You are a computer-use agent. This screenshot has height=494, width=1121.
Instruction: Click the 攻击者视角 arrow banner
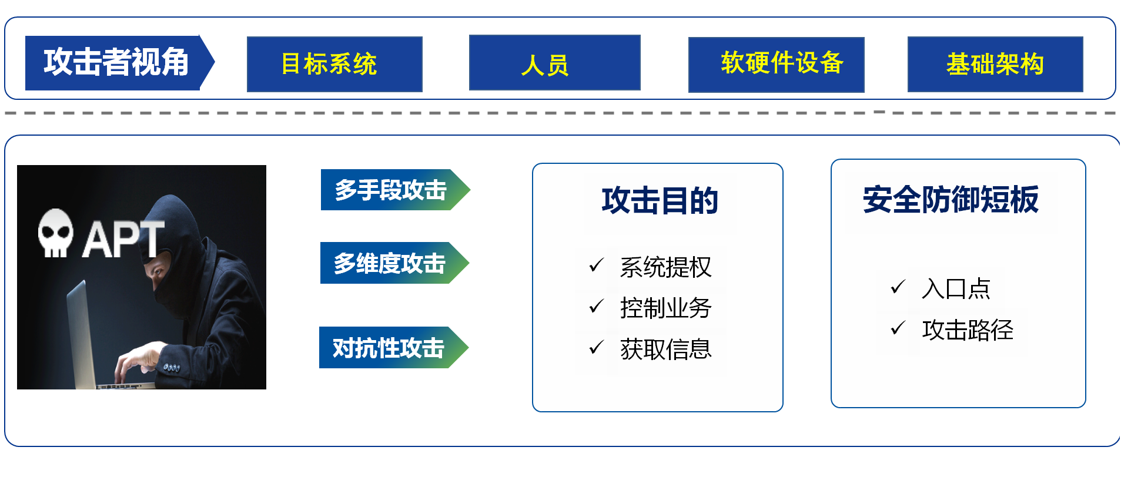pyautogui.click(x=120, y=62)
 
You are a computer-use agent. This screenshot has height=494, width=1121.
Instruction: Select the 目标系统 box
pyautogui.click(x=334, y=64)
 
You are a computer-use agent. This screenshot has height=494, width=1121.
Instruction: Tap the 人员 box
pyautogui.click(x=554, y=62)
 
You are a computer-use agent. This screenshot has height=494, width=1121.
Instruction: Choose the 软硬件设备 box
pyautogui.click(x=776, y=65)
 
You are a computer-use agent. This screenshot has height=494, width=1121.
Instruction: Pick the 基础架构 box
pyautogui.click(x=995, y=64)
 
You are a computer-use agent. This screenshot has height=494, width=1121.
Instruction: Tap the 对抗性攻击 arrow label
pyautogui.click(x=394, y=348)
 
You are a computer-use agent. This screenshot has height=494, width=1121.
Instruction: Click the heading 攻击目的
pyautogui.click(x=660, y=200)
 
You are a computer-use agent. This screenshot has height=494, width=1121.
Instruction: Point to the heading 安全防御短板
pyautogui.click(x=951, y=199)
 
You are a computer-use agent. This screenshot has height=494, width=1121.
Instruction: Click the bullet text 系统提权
pyautogui.click(x=665, y=267)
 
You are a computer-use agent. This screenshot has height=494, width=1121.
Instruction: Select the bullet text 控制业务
pyautogui.click(x=665, y=308)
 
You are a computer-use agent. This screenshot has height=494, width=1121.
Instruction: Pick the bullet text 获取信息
pyautogui.click(x=665, y=350)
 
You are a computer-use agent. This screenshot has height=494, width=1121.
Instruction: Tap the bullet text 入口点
pyautogui.click(x=956, y=288)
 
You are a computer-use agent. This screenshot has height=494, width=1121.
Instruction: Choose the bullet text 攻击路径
pyautogui.click(x=968, y=330)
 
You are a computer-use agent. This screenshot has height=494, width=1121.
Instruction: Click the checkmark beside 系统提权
pyautogui.click(x=597, y=266)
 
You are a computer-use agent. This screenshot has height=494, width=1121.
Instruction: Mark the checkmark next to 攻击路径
pyautogui.click(x=898, y=328)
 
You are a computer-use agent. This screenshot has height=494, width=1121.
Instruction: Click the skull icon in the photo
pyautogui.click(x=56, y=233)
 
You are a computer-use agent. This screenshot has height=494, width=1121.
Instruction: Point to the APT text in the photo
pyautogui.click(x=123, y=239)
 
